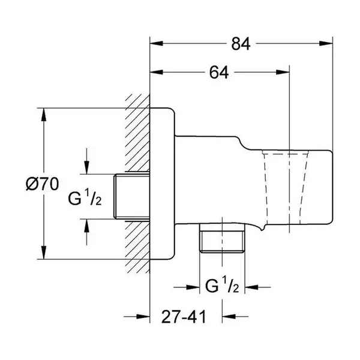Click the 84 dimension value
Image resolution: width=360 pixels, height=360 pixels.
[x=241, y=44]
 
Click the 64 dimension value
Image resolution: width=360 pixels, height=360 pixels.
[x=219, y=73]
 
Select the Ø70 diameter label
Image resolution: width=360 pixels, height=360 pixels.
[x=42, y=184]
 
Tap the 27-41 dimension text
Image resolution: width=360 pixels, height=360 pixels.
[x=184, y=317]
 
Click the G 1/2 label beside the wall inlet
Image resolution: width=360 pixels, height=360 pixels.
[x=85, y=197]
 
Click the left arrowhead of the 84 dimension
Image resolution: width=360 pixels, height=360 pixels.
[x=157, y=43]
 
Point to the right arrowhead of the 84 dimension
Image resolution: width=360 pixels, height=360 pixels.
[x=326, y=43]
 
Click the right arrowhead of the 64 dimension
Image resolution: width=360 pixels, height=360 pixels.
[x=283, y=72]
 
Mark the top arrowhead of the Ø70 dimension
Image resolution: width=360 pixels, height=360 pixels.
[x=44, y=115]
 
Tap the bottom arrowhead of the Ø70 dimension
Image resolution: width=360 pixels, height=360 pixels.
[x=44, y=253]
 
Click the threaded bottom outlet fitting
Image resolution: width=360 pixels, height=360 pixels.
[x=222, y=238]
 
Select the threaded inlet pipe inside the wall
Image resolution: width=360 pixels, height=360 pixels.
[x=132, y=196]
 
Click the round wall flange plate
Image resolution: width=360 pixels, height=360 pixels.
[x=162, y=184]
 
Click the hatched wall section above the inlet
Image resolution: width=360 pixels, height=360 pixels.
[x=137, y=133]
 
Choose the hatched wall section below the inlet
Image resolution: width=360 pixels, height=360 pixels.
[x=137, y=247]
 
